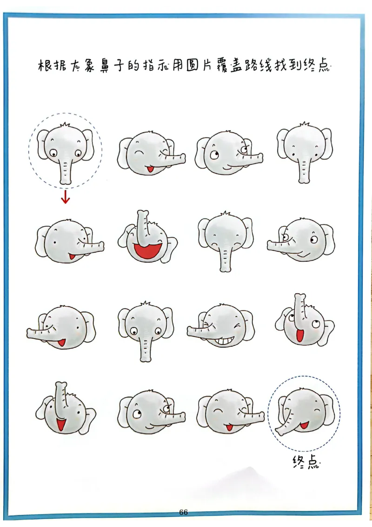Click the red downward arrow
pos(66,196)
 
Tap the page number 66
pos(183,512)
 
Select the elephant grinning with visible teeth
pos(220,325)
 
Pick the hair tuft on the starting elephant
pos(65,125)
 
